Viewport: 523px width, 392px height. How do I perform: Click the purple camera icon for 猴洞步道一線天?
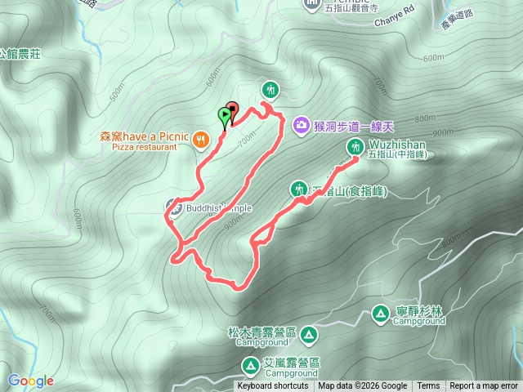301,125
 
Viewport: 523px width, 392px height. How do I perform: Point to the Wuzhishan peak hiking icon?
355,146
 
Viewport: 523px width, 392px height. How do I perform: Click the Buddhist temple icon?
173,205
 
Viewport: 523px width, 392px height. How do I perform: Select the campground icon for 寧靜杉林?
380,313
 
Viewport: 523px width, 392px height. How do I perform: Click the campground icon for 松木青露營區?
309,334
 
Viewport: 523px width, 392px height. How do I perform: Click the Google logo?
30,381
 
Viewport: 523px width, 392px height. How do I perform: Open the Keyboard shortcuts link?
273,386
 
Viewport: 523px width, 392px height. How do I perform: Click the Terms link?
428,386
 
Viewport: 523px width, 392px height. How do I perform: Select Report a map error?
484,386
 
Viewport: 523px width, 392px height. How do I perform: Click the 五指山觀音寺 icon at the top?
313,4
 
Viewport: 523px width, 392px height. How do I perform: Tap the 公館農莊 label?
20,54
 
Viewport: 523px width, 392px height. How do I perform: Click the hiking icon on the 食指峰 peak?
297,189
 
